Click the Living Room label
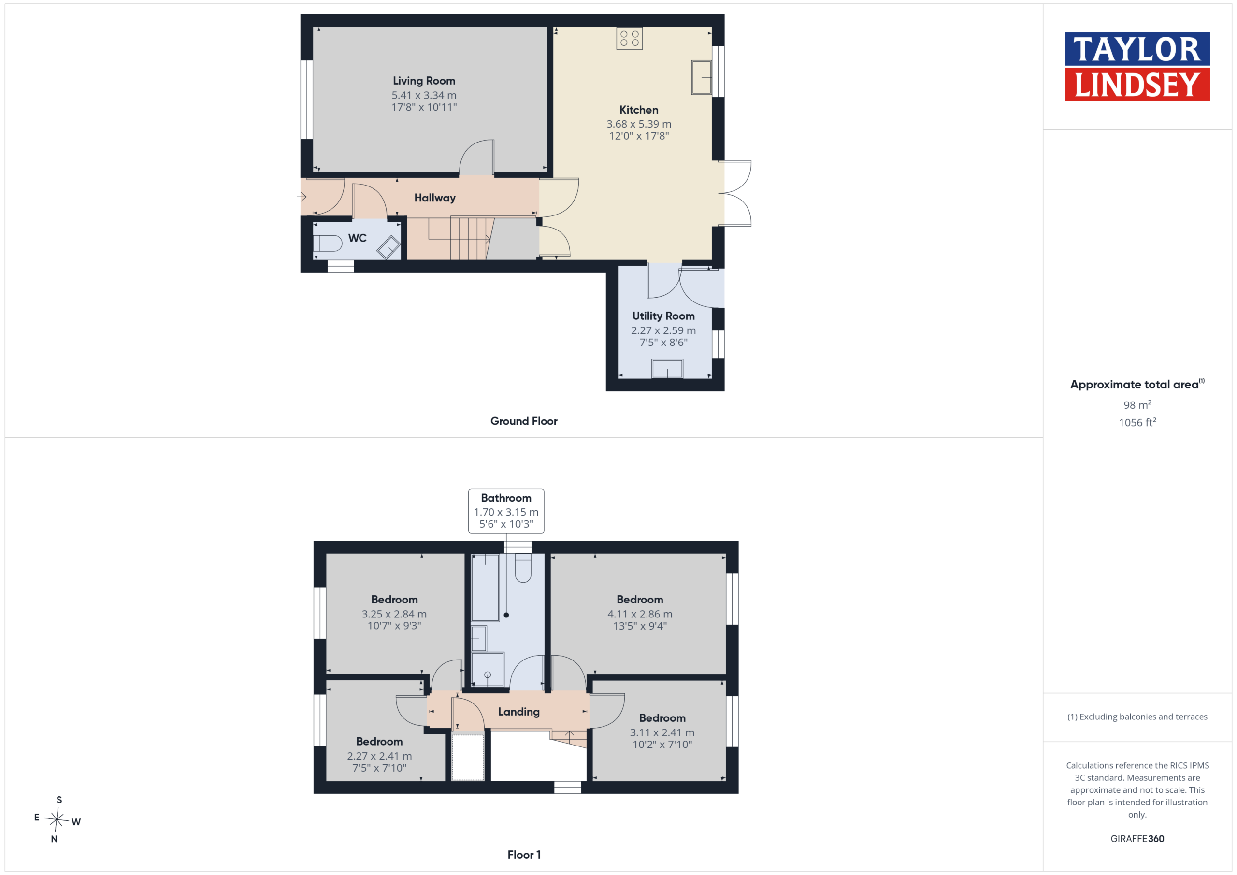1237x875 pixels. pyautogui.click(x=423, y=81)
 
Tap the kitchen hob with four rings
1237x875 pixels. pyautogui.click(x=629, y=38)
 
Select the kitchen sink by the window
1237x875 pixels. pyautogui.click(x=701, y=77)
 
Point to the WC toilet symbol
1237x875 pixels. pyautogui.click(x=328, y=244)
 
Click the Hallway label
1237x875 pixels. pyautogui.click(x=435, y=198)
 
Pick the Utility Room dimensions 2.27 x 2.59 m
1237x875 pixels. pyautogui.click(x=663, y=330)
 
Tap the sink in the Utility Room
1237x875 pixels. pyautogui.click(x=667, y=369)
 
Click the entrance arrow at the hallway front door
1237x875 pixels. pyautogui.click(x=302, y=197)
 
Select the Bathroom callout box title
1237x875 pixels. pyautogui.click(x=506, y=498)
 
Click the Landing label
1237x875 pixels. pyautogui.click(x=518, y=712)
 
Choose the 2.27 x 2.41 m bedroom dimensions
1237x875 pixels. pyautogui.click(x=379, y=756)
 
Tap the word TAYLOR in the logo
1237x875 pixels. pyautogui.click(x=1137, y=49)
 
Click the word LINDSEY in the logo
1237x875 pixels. pyautogui.click(x=1137, y=85)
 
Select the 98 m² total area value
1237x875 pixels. pyautogui.click(x=1137, y=404)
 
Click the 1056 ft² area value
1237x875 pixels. pyautogui.click(x=1137, y=422)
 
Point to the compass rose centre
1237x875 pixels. pyautogui.click(x=57, y=819)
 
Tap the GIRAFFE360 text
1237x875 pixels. pyautogui.click(x=1137, y=838)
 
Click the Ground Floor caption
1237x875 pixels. pyautogui.click(x=524, y=421)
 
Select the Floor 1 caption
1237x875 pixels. pyautogui.click(x=524, y=855)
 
